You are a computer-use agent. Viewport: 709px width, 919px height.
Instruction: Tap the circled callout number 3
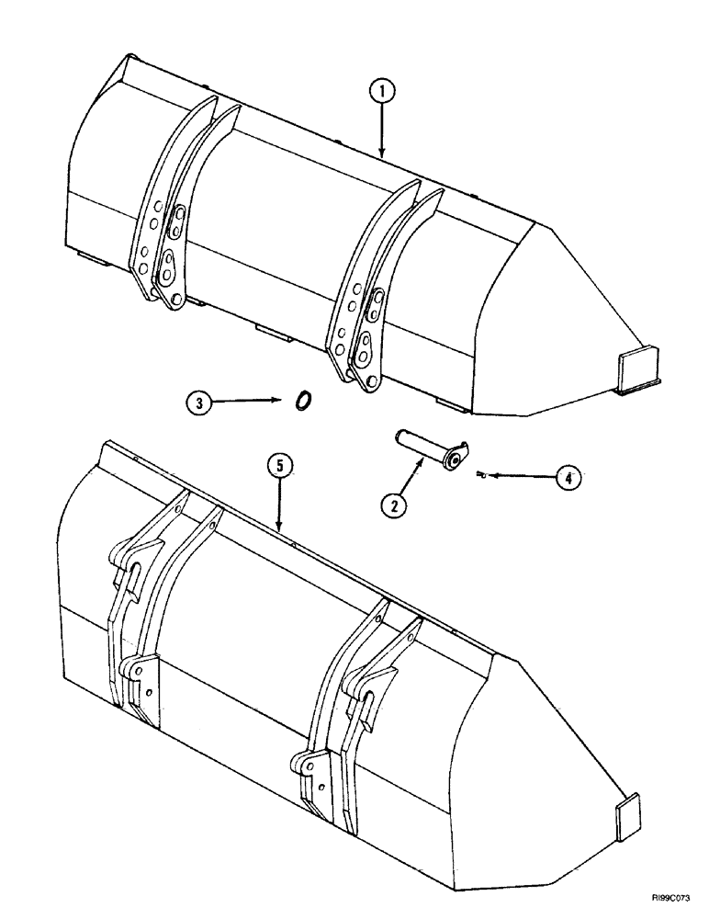199,401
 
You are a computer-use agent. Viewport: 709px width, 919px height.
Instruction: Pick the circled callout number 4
568,477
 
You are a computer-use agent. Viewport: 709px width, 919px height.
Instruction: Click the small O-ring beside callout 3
301,401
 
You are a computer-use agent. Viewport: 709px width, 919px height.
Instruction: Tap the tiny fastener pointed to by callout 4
481,474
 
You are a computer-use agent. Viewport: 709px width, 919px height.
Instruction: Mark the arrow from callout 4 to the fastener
520,476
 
